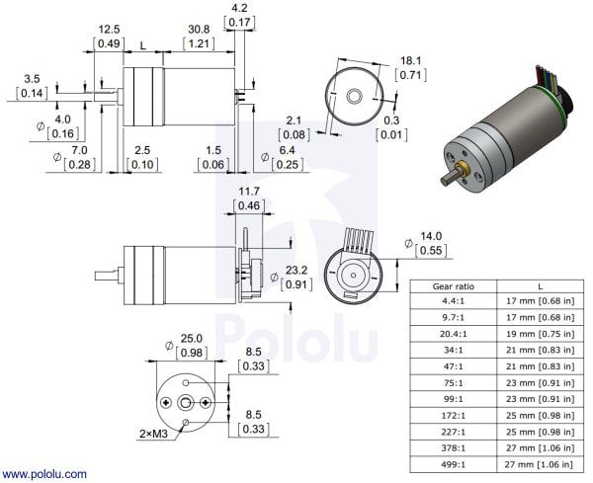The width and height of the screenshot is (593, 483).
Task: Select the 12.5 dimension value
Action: pos(110,30)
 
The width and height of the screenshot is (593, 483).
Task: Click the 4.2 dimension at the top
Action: pos(241,10)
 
